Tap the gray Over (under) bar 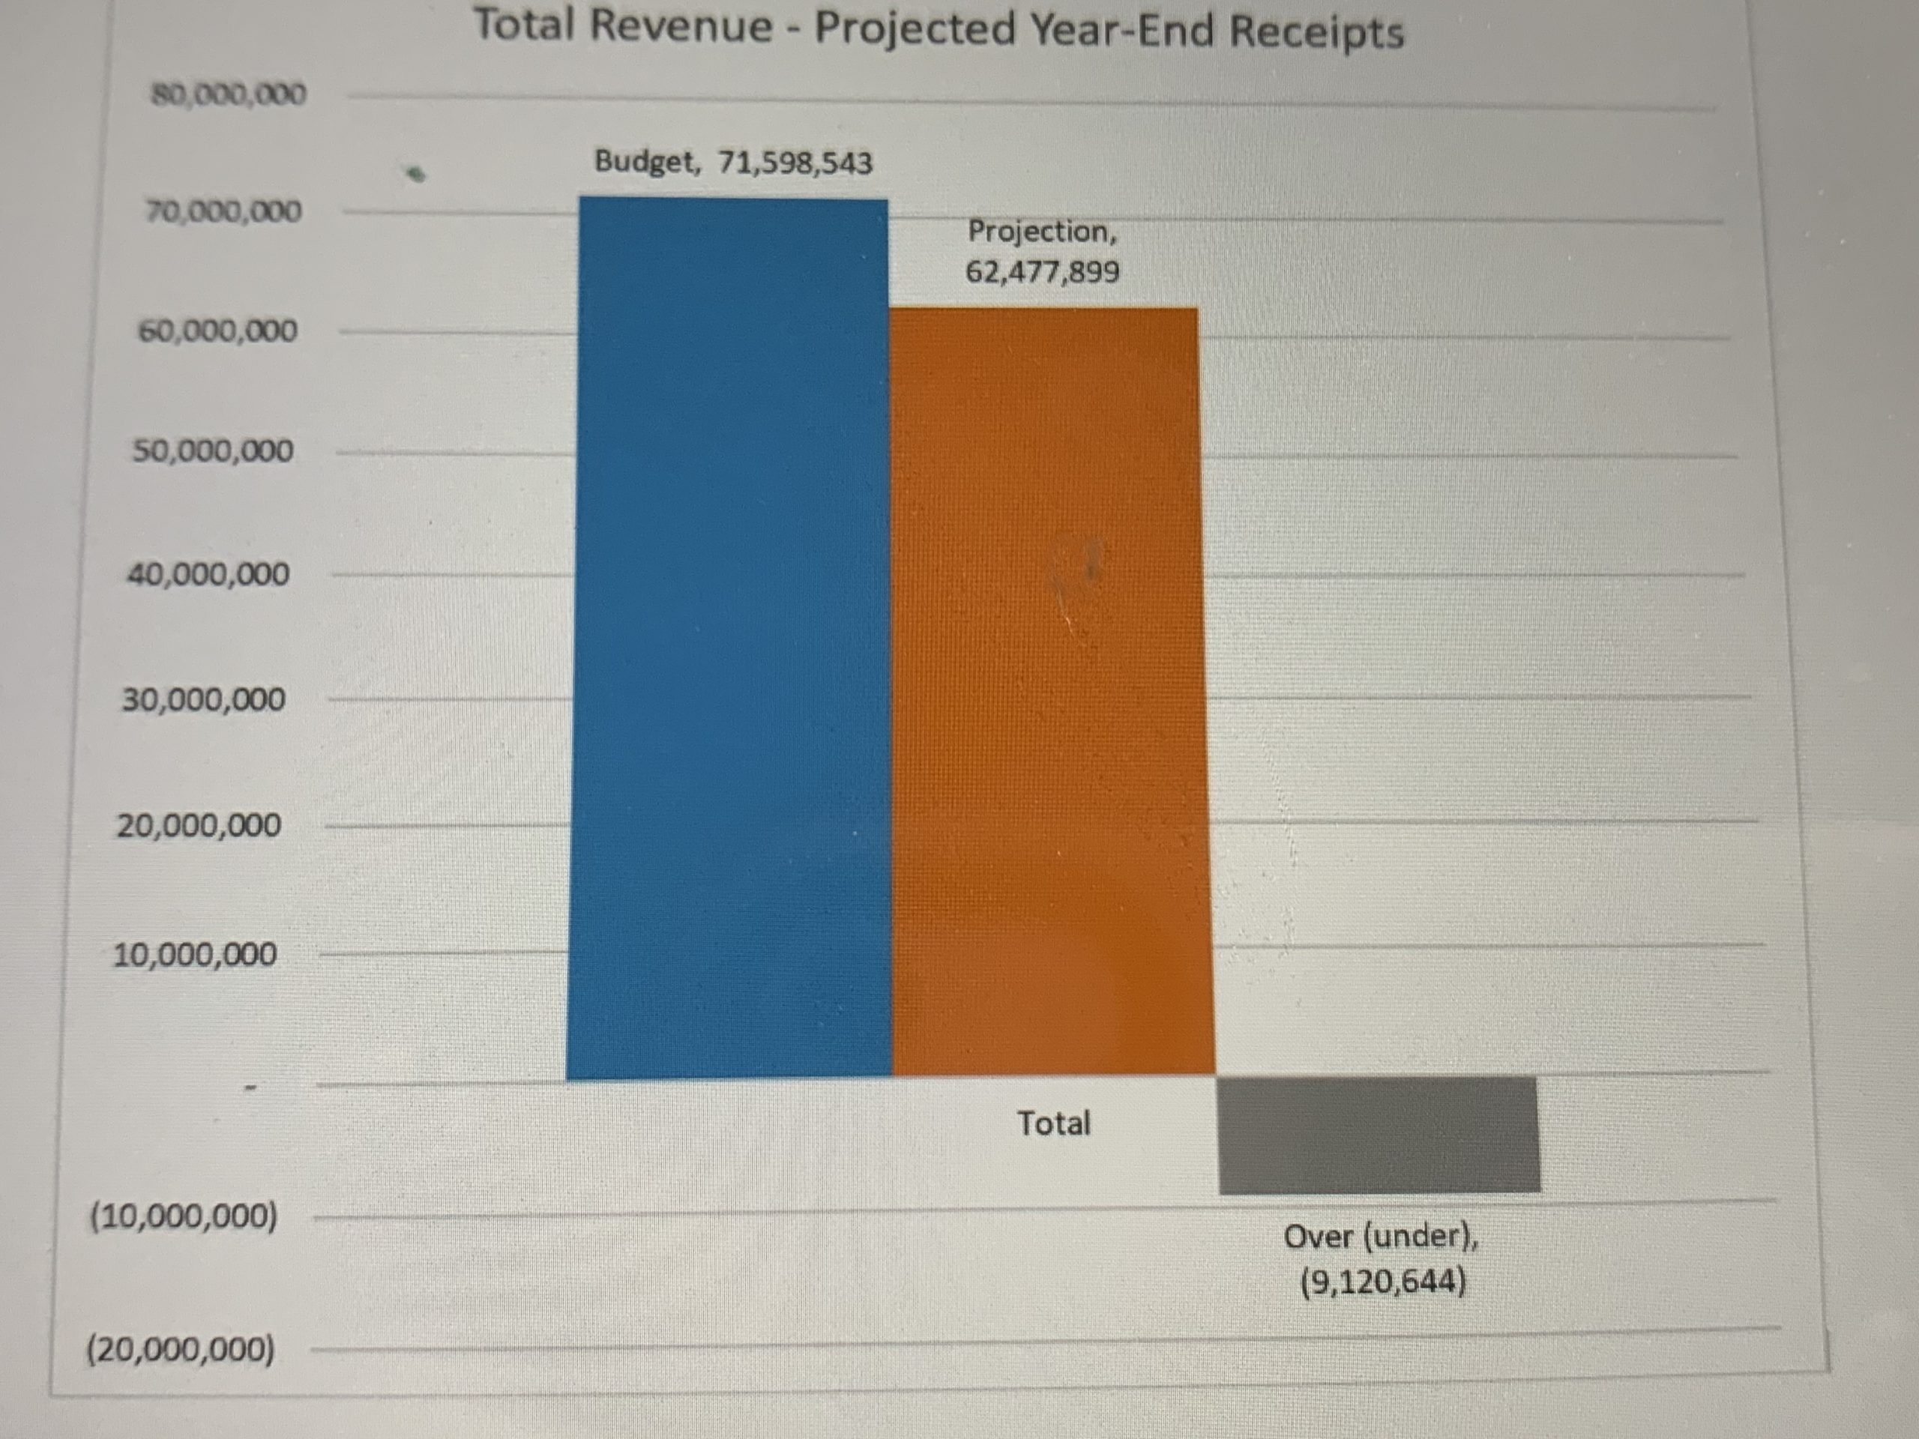pyautogui.click(x=1379, y=1135)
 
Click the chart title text pyautogui.click(x=938, y=29)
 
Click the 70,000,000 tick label pyautogui.click(x=224, y=211)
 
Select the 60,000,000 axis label pyautogui.click(x=217, y=331)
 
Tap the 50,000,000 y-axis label pyautogui.click(x=214, y=451)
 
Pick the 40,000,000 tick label pyautogui.click(x=208, y=574)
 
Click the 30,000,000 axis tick pyautogui.click(x=203, y=699)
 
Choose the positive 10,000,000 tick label pyautogui.click(x=195, y=955)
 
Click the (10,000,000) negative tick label pyautogui.click(x=184, y=1217)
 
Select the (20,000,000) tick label pyautogui.click(x=181, y=1351)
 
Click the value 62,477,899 pyautogui.click(x=1042, y=272)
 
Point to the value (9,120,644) pyautogui.click(x=1383, y=1281)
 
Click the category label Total pyautogui.click(x=1053, y=1123)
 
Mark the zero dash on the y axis pyautogui.click(x=250, y=1087)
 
